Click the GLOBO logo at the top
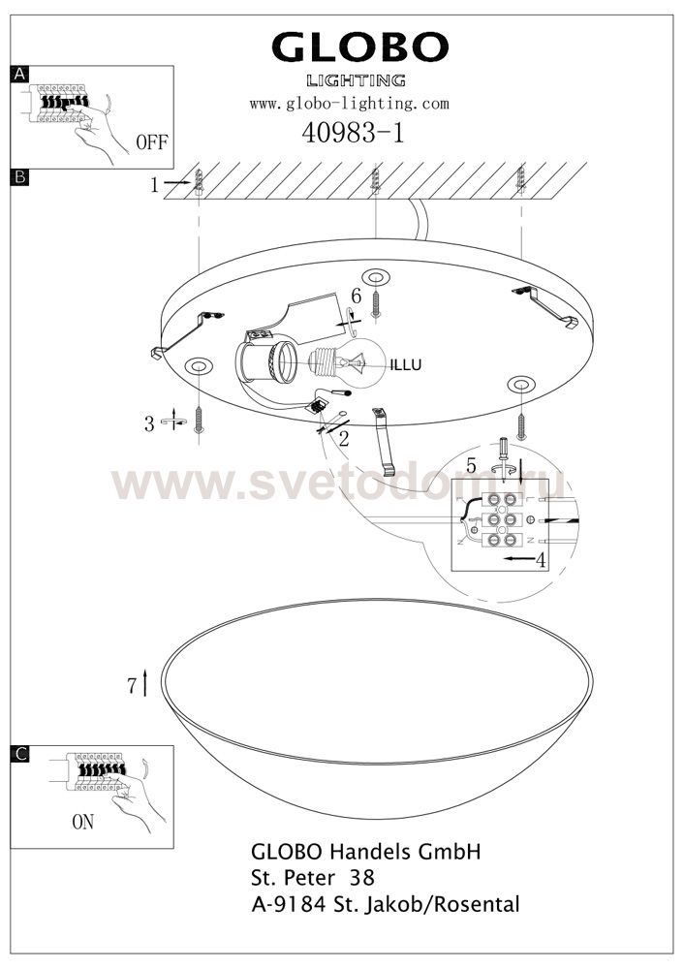359,47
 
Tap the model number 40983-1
353,132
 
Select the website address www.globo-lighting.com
349,104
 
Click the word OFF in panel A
151,142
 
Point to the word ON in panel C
82,822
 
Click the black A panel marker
19,75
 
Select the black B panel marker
19,178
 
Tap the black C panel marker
19,754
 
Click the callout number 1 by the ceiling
154,185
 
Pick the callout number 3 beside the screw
149,424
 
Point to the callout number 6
356,296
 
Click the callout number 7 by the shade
132,686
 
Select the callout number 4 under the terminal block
541,561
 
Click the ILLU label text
406,365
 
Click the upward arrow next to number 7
144,682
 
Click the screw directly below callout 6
376,306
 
